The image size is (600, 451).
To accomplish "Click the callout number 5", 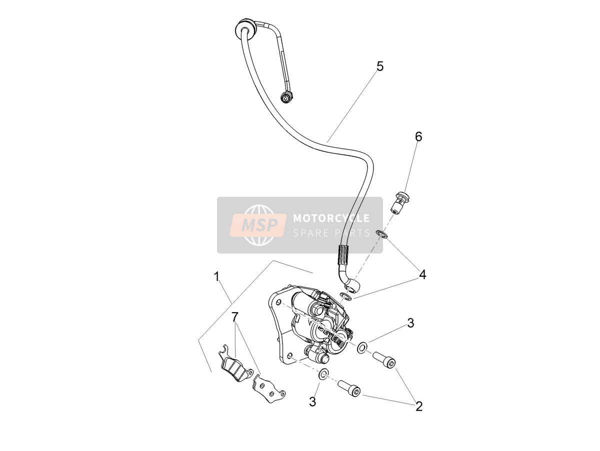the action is (x=380, y=66).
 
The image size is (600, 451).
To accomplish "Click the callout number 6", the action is (x=418, y=136).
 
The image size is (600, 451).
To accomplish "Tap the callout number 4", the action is (x=422, y=274).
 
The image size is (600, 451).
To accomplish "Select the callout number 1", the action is (x=217, y=277).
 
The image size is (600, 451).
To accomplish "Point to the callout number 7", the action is (x=235, y=317).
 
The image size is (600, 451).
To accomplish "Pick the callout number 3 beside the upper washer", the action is (x=410, y=323).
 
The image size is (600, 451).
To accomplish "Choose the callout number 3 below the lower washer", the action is (x=312, y=402).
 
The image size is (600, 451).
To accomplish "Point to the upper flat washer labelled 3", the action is (x=362, y=347).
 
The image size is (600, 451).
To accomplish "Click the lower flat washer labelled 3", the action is (x=323, y=374).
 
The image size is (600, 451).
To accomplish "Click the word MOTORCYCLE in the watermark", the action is (x=331, y=218).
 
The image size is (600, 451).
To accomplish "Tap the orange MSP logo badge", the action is (x=258, y=225).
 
